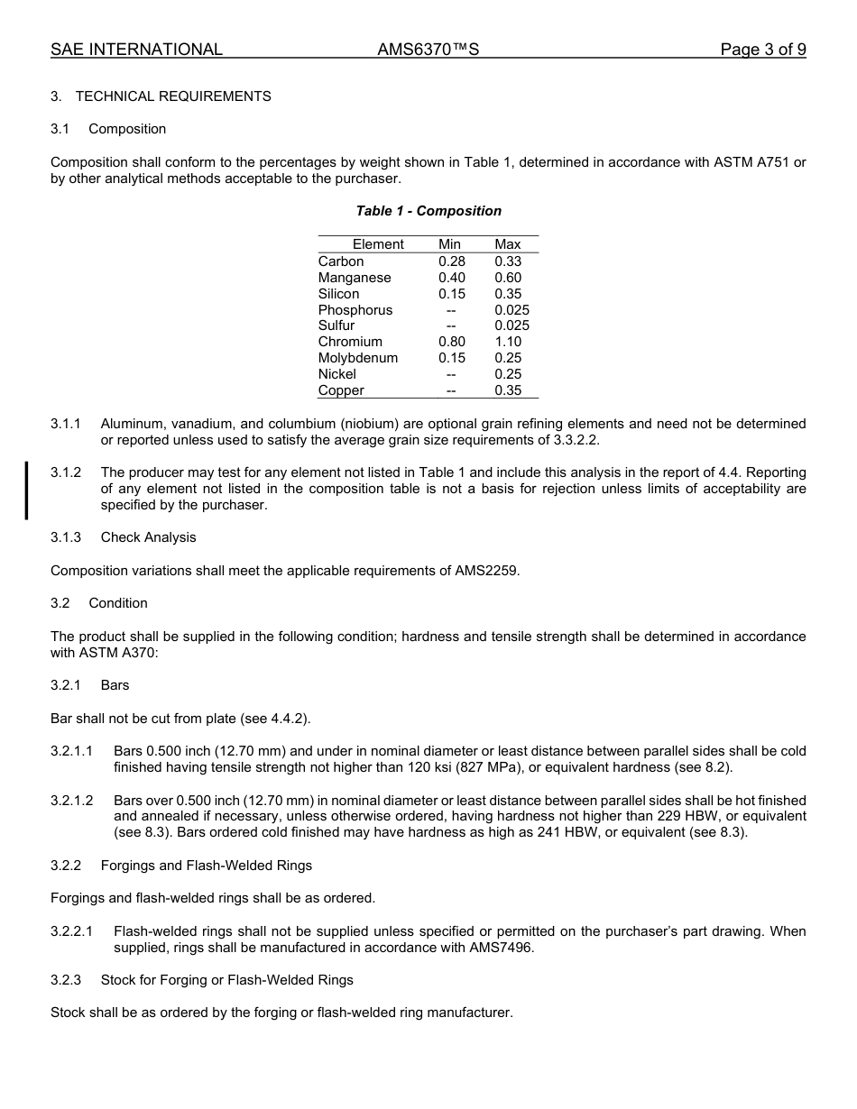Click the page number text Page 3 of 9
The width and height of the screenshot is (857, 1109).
pos(762,50)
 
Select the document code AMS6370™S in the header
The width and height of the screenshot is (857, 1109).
pos(428,50)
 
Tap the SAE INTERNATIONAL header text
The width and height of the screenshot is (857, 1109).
pos(136,50)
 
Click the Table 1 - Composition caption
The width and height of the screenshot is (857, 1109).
pos(428,211)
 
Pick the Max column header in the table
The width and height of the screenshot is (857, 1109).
pos(507,244)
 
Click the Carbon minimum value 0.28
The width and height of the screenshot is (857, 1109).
pos(451,261)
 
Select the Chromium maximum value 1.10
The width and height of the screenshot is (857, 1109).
pos(507,342)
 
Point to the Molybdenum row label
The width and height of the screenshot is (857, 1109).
pos(357,358)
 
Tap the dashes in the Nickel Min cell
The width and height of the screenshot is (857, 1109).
pos(451,374)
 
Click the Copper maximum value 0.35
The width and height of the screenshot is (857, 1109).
pos(507,390)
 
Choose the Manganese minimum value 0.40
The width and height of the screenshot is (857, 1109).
pos(451,278)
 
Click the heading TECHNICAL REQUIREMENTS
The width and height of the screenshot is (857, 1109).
pos(172,96)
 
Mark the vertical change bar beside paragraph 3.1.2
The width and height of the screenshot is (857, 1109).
pos(26,490)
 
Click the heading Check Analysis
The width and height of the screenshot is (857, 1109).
pos(148,537)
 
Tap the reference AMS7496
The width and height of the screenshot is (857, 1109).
pos(501,948)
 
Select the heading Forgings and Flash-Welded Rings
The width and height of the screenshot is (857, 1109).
pos(206,866)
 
